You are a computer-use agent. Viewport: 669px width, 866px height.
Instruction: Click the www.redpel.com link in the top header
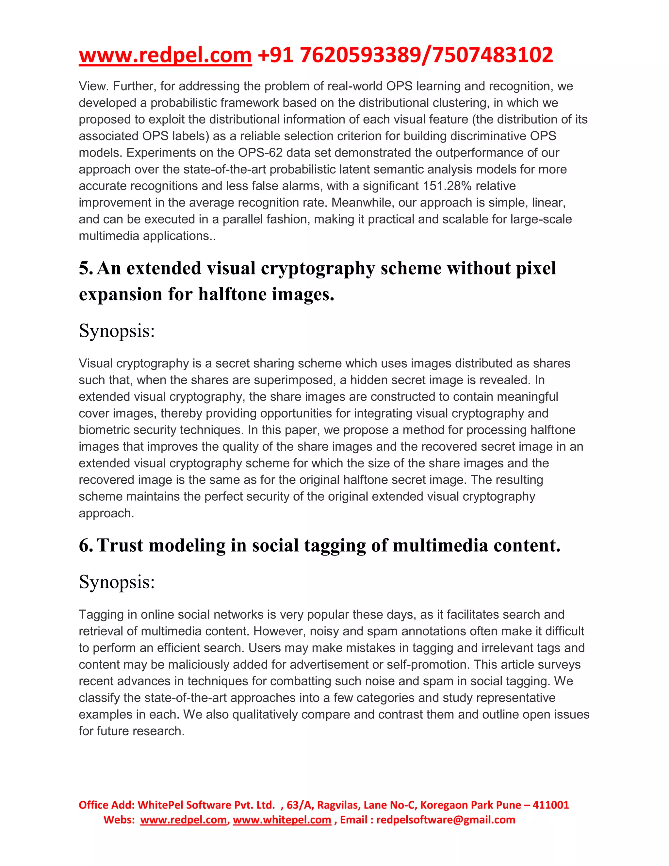tap(165, 55)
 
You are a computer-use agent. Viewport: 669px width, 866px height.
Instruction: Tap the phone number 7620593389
tap(359, 55)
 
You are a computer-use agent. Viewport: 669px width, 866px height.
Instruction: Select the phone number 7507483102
tap(493, 55)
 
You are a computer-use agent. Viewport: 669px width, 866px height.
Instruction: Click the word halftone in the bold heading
tap(227, 294)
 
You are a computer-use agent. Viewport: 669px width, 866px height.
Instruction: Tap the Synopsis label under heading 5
tap(117, 331)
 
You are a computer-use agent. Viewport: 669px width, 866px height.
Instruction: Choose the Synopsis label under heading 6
tap(117, 582)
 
